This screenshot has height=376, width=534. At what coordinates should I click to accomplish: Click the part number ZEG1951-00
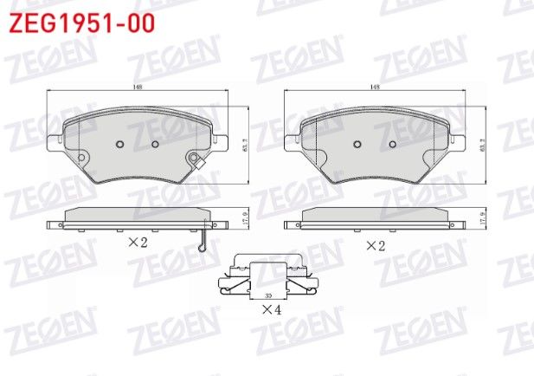click(x=82, y=23)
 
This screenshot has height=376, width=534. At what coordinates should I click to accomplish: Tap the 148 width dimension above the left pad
click(x=138, y=87)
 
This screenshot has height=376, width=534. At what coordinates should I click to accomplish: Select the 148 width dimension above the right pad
click(x=374, y=87)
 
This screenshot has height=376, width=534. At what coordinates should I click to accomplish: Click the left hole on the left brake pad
click(x=121, y=144)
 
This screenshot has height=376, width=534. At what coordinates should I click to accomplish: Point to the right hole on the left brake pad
click(x=156, y=144)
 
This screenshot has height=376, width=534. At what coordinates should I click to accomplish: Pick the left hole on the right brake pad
click(x=357, y=144)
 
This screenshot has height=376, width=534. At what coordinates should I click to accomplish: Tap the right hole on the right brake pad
click(x=391, y=144)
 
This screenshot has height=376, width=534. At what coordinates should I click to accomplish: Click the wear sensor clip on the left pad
click(x=196, y=160)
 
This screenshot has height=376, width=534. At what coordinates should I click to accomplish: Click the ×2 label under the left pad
click(x=138, y=244)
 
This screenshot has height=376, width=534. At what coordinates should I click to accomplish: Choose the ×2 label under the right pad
click(x=375, y=245)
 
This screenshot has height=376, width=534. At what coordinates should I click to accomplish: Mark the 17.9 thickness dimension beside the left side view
click(x=247, y=218)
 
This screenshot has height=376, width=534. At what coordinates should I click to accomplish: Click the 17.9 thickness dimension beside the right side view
click(x=482, y=218)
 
